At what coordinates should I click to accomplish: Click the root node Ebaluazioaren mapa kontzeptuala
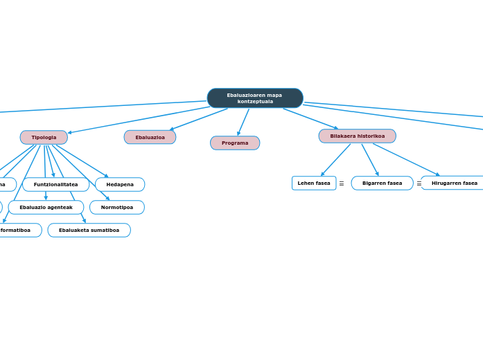click(x=255, y=98)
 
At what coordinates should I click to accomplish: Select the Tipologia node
click(x=44, y=137)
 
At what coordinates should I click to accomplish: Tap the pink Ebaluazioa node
click(x=150, y=137)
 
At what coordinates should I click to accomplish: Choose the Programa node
click(x=235, y=143)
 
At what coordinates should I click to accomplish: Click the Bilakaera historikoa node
click(x=357, y=136)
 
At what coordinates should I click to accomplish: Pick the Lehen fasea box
click(x=314, y=183)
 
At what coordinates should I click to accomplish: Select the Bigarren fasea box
click(x=382, y=183)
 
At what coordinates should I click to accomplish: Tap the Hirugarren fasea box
click(x=454, y=183)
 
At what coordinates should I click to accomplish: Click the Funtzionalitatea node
click(x=55, y=184)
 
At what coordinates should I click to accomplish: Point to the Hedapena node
click(x=120, y=184)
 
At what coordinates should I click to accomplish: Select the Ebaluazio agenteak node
click(x=46, y=207)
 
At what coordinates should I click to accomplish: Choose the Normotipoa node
click(x=117, y=207)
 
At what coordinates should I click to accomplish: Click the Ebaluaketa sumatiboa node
click(x=89, y=230)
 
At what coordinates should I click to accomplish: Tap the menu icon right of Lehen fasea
click(x=342, y=183)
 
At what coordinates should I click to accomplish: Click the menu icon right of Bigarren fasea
click(x=419, y=183)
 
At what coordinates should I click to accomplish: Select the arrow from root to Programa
click(x=243, y=122)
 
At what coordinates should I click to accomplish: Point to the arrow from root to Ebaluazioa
click(x=199, y=119)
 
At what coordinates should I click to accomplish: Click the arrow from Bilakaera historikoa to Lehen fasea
click(x=336, y=160)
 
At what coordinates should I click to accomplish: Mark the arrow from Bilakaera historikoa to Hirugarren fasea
click(x=406, y=160)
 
